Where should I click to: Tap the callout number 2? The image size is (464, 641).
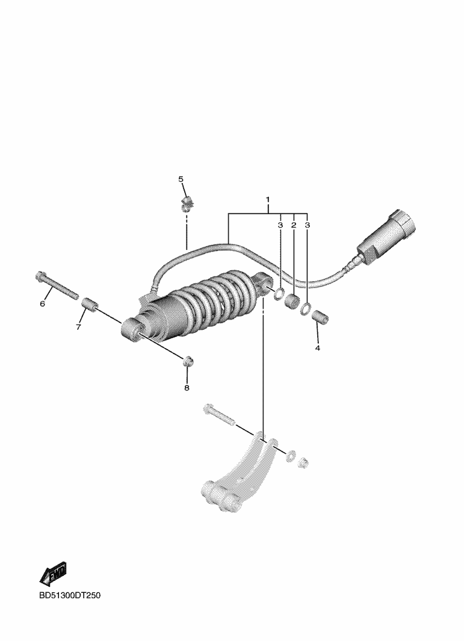tap(294, 225)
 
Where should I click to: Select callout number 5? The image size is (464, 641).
tap(181, 179)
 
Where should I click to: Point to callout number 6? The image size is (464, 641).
tap(42, 304)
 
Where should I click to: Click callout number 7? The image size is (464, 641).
tap(78, 327)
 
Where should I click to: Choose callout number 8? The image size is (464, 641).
tap(187, 388)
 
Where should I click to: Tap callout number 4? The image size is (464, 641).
tap(317, 348)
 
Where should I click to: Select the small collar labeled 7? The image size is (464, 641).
tap(90, 305)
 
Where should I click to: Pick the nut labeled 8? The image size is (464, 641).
tap(188, 361)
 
